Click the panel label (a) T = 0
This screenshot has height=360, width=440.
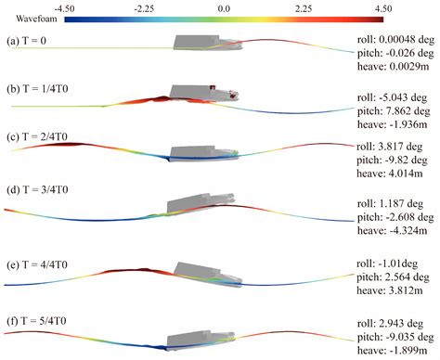[32, 41]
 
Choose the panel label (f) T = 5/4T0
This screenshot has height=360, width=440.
[41, 322]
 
